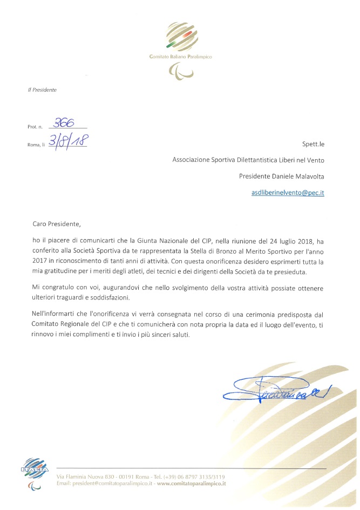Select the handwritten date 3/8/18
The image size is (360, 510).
tap(68, 141)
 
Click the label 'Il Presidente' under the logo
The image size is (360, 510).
tap(42, 90)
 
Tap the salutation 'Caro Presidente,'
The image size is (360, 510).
tap(56, 223)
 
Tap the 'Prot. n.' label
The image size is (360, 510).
tap(34, 127)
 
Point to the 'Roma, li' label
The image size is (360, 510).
tap(36, 145)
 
